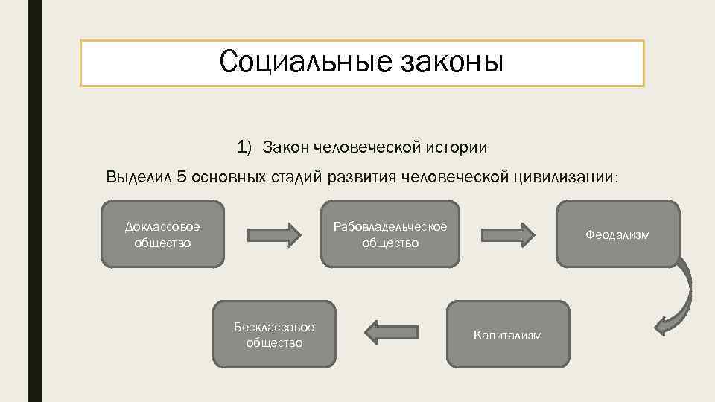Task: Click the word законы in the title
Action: [x=452, y=62]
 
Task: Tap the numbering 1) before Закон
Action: [x=245, y=147]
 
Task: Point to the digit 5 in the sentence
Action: [x=181, y=177]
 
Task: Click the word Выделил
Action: [x=140, y=177]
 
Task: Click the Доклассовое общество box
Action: [x=162, y=234]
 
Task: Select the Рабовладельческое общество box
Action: [x=390, y=234]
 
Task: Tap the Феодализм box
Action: [x=617, y=234]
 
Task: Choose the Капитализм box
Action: [x=508, y=334]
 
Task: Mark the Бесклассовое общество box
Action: [x=274, y=334]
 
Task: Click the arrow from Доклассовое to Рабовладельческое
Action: [x=273, y=234]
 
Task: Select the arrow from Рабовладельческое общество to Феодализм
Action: [x=507, y=234]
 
